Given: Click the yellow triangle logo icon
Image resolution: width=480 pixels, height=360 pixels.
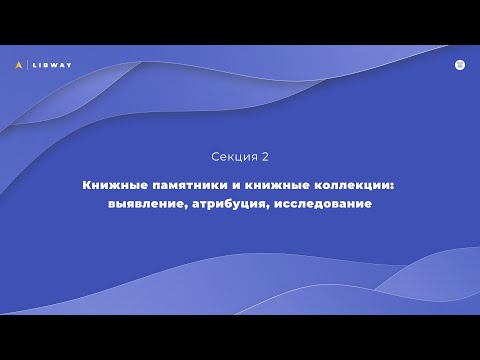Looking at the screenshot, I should coord(21,66).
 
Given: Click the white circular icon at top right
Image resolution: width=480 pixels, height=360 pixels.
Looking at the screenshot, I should coord(459,64).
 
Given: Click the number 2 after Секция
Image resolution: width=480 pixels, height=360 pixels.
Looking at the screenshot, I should coord(265,156).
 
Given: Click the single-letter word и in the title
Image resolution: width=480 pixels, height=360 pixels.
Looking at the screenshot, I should coord(236,186).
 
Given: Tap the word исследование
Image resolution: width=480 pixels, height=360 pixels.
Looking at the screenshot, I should coord(317,205).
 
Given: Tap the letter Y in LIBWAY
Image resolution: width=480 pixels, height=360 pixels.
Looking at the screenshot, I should coord(69,66).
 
